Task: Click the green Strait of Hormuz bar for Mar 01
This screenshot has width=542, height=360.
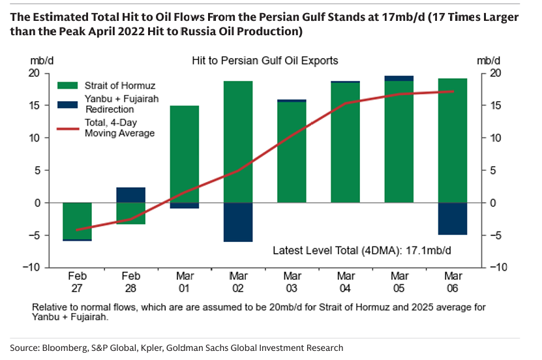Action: (x=184, y=154)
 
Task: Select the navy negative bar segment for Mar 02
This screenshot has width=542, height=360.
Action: (x=238, y=222)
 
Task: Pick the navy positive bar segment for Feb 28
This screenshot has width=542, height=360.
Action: (x=130, y=195)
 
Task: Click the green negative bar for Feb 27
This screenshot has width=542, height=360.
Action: (x=77, y=220)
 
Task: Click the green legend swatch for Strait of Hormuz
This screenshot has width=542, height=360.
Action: (x=67, y=85)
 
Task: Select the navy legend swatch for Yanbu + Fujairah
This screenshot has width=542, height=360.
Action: (x=67, y=104)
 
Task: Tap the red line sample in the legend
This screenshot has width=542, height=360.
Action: (x=67, y=128)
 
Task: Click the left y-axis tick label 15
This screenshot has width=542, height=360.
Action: (x=36, y=106)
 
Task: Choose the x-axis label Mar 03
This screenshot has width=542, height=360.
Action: (x=292, y=281)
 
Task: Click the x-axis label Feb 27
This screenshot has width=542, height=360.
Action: (x=77, y=281)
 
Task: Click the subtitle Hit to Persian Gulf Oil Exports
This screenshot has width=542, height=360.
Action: (x=265, y=61)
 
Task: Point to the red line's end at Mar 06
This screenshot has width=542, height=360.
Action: (x=453, y=91)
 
